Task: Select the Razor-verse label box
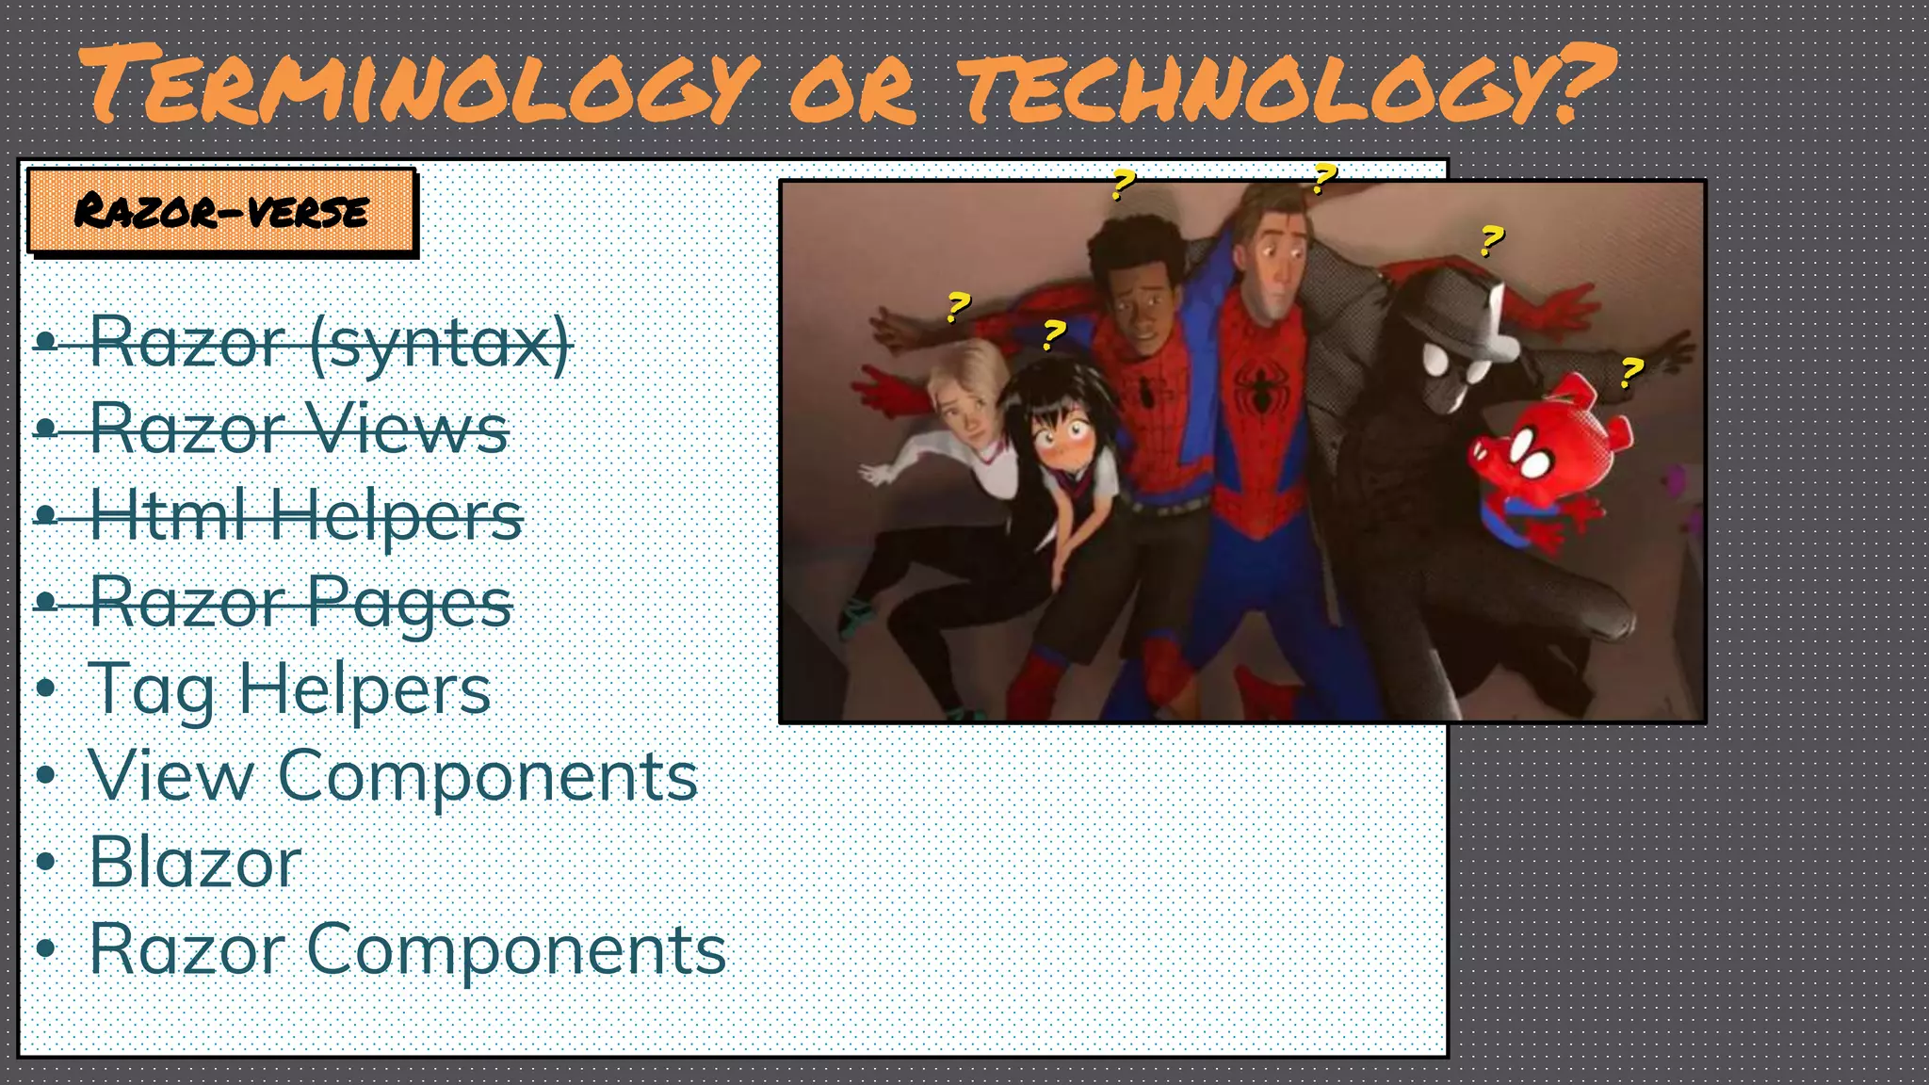tap(221, 211)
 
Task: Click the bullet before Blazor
tap(45, 863)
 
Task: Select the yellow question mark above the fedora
tap(1491, 240)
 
